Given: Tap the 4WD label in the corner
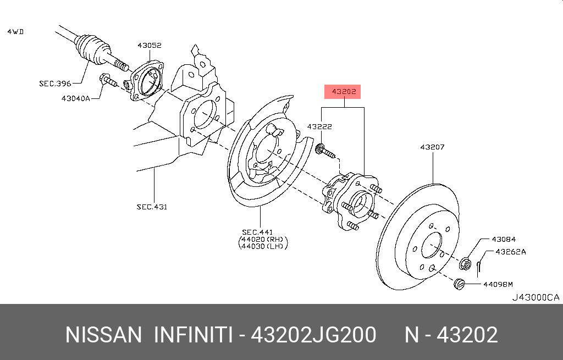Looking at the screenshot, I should [x=15, y=32].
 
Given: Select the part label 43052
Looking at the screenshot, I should [x=149, y=46].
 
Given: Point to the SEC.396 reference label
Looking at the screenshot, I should [x=54, y=84].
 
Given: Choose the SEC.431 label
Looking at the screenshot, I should [x=151, y=207].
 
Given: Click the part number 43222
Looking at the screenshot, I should [x=319, y=127].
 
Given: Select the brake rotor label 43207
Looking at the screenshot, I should [x=432, y=147].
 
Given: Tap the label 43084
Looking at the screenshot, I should [x=504, y=240].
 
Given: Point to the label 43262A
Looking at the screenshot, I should [x=511, y=252].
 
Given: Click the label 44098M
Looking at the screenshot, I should [x=498, y=284].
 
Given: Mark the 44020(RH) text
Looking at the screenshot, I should [x=263, y=240].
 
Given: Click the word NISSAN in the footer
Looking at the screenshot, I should [x=103, y=335].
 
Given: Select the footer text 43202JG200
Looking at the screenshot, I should [x=313, y=335].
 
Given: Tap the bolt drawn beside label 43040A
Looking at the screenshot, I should [x=108, y=81].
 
